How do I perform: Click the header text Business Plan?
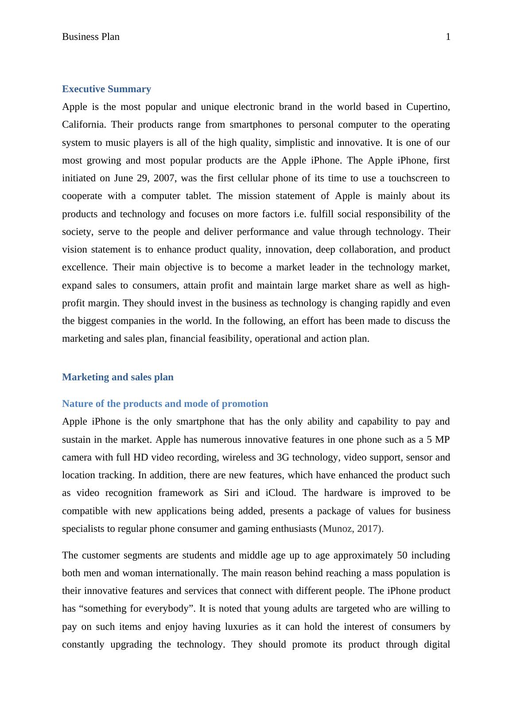pyautogui.click(x=91, y=37)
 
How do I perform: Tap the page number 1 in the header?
pyautogui.click(x=448, y=37)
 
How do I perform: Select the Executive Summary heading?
pyautogui.click(x=106, y=89)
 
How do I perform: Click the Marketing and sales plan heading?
pyautogui.click(x=118, y=377)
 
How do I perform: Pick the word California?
pyautogui.click(x=84, y=125)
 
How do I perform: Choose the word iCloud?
pyautogui.click(x=280, y=493)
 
